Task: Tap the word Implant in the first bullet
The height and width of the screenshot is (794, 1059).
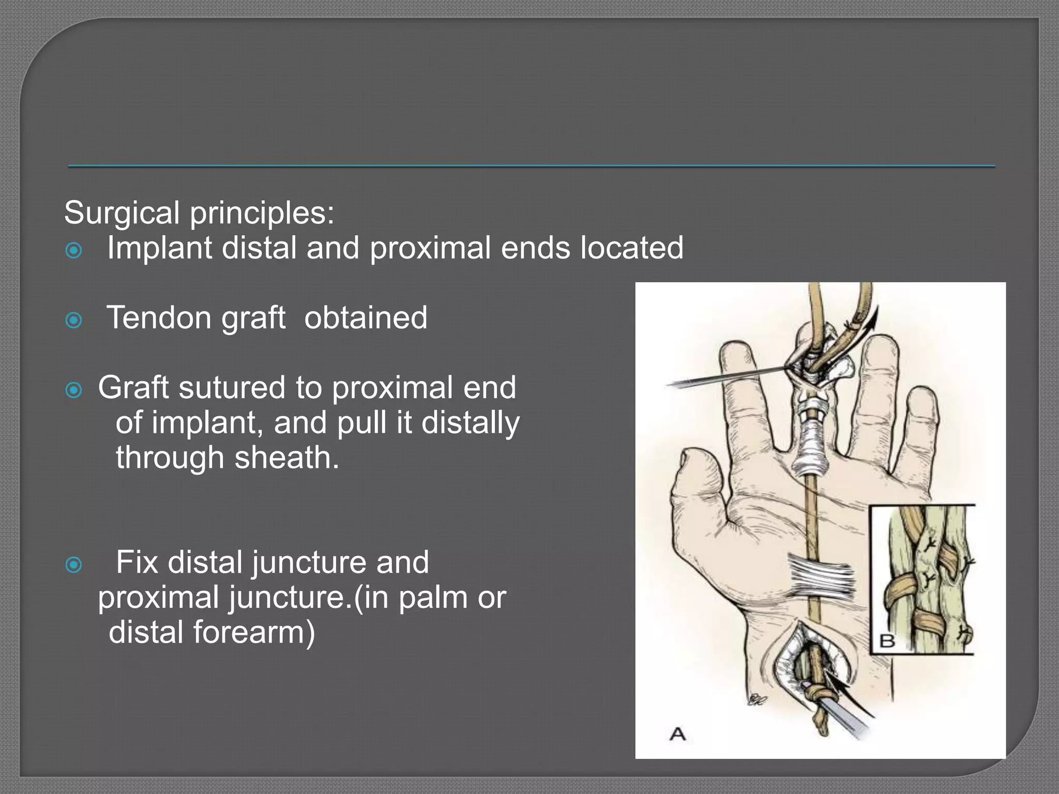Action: click(159, 249)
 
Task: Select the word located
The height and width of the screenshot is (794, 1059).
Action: click(631, 248)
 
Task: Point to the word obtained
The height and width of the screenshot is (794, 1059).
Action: click(366, 317)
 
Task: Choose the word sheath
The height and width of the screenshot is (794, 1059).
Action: click(286, 458)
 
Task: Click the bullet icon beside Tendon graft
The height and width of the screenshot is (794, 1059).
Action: click(74, 320)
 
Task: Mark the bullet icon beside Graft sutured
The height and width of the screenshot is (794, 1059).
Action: click(74, 390)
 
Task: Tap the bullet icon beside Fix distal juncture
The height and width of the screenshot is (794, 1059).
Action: click(74, 565)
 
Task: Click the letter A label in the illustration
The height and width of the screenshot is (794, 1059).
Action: click(677, 734)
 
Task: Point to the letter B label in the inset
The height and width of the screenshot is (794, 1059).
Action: click(887, 641)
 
